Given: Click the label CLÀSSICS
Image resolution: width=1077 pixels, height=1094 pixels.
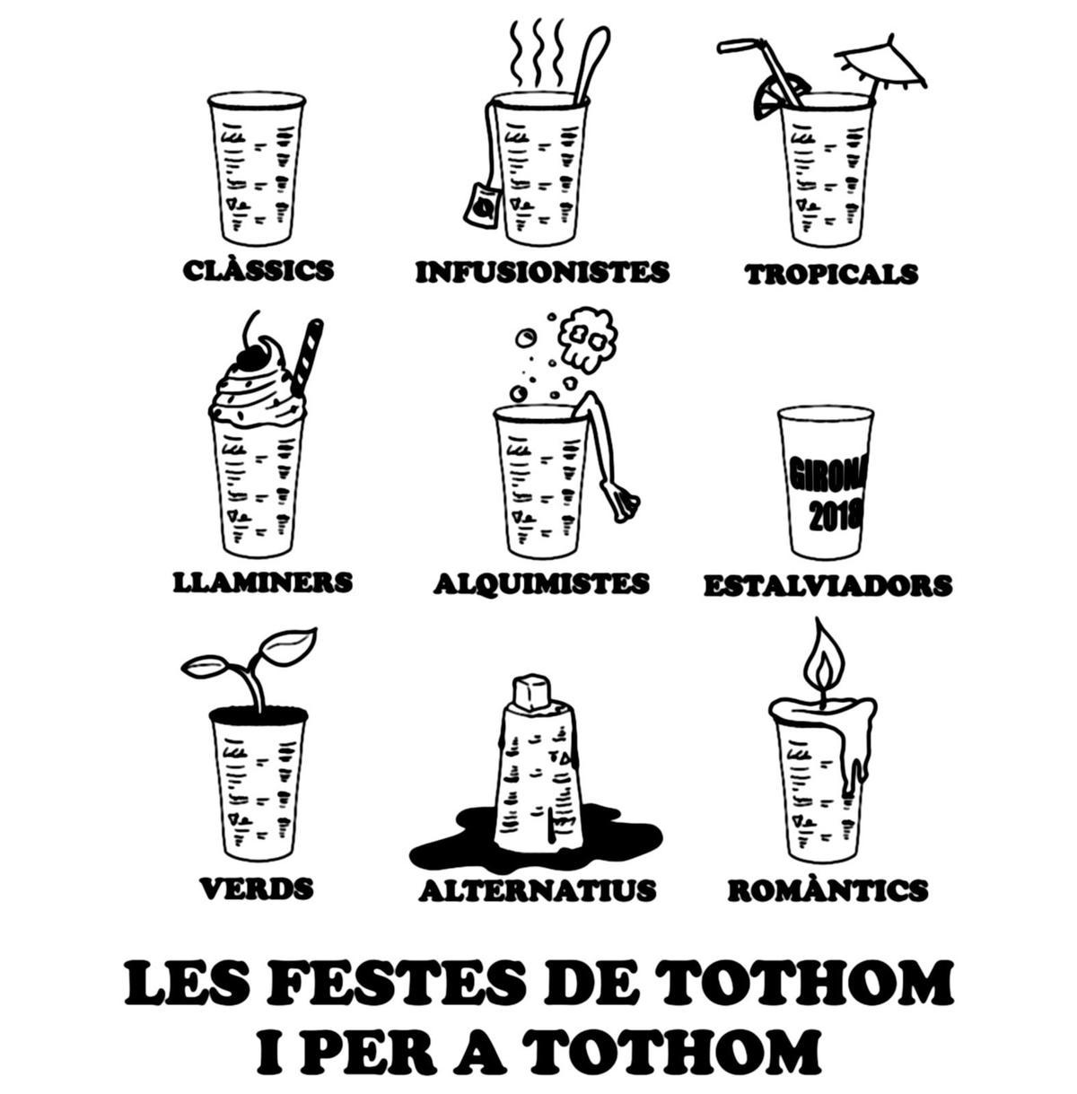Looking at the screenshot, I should [x=258, y=270].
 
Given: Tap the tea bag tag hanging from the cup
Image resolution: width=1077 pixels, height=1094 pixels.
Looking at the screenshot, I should [x=481, y=204].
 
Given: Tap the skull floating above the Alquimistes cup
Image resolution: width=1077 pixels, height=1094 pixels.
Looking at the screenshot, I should [x=586, y=338].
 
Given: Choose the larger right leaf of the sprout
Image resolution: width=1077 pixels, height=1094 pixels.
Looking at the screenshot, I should [x=286, y=644].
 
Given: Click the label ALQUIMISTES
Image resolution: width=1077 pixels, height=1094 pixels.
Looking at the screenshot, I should [x=541, y=583].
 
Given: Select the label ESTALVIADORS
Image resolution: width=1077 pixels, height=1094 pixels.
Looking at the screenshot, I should [x=827, y=585].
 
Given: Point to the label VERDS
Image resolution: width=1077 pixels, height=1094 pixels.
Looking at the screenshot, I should [x=257, y=888].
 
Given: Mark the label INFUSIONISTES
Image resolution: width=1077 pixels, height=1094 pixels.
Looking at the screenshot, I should [x=542, y=272].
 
